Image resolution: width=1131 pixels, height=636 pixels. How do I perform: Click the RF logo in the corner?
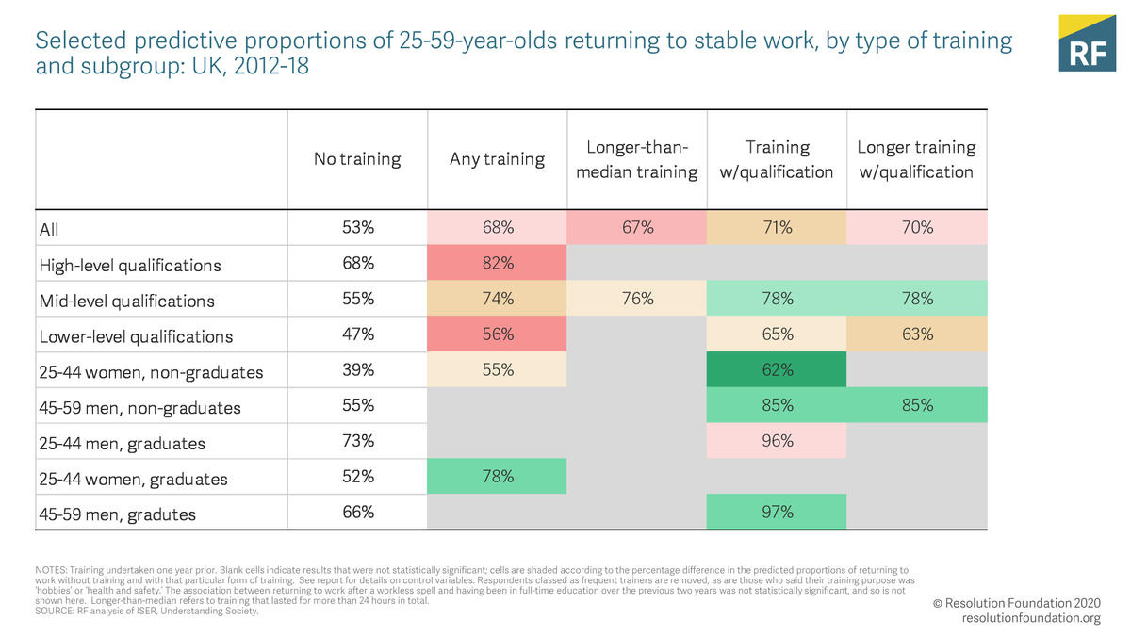coord(1087,43)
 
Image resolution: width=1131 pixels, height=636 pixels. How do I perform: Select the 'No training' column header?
coord(357,159)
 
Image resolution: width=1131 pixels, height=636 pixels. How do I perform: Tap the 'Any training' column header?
coord(497,159)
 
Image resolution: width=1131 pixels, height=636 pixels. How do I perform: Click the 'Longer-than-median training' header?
coord(637,159)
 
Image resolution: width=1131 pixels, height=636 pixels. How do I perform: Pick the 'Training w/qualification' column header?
coord(777,159)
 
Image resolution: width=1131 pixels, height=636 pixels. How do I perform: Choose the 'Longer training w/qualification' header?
coord(916,159)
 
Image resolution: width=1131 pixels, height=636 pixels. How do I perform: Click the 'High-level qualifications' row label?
coord(130,265)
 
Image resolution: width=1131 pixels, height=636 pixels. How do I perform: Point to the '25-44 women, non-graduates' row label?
coord(151,372)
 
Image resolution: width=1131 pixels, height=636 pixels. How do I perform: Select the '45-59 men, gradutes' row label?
coord(118,514)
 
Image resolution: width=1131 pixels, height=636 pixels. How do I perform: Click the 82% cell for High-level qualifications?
coord(498,263)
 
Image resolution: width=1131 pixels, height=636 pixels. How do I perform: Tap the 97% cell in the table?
coord(777,512)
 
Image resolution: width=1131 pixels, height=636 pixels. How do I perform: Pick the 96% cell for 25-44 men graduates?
coord(777,441)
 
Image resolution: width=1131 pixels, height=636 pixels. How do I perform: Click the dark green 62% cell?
coord(777,369)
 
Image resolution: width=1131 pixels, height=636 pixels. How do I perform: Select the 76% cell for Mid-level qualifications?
coord(637,299)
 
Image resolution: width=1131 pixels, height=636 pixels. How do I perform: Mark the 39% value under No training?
coord(358,369)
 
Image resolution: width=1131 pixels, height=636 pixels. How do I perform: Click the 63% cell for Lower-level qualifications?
coord(916,334)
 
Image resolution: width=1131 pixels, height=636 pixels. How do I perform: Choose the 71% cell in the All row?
coord(777,227)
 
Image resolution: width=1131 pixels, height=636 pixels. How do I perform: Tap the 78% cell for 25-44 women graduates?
coord(498,476)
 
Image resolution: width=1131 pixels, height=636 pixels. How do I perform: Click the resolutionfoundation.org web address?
coord(1031,618)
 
